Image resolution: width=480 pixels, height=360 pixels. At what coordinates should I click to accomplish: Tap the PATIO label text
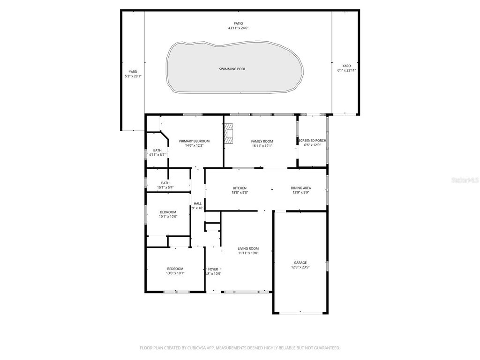239,23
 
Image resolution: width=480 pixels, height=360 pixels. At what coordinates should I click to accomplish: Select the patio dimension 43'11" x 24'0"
239,28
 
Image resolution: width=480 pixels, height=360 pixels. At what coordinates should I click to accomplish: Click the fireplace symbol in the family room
228,133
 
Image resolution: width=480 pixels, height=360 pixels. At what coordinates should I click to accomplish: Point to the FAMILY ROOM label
262,141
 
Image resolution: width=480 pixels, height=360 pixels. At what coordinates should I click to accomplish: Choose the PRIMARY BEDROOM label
194,141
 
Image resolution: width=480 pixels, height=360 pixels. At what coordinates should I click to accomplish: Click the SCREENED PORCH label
312,141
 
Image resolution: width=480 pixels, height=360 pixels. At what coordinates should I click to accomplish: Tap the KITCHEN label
240,188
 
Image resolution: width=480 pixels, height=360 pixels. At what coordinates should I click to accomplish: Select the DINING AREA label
301,188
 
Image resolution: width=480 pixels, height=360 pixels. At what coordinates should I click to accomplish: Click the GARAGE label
300,262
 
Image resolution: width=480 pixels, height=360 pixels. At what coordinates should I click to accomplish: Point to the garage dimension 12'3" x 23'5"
300,267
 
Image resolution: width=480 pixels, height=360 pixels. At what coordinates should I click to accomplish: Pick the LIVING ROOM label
248,248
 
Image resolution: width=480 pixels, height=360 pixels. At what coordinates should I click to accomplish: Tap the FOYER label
213,269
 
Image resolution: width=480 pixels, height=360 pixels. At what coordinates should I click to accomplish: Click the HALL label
197,203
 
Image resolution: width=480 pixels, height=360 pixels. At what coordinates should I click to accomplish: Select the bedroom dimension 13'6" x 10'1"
175,273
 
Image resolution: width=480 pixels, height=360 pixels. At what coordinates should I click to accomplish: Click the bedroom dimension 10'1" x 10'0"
168,217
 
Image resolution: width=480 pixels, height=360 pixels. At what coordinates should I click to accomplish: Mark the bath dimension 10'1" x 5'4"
165,187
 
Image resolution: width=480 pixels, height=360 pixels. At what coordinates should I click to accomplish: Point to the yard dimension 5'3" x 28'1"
133,76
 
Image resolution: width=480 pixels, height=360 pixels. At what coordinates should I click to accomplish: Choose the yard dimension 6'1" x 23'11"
346,70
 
